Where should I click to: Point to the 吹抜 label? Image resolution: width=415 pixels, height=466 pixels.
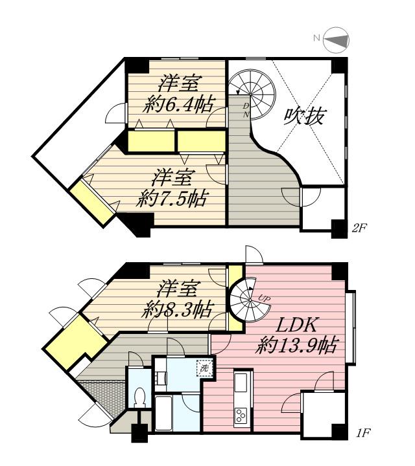coord(305,116)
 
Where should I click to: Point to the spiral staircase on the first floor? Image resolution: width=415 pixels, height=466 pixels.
coord(251,297)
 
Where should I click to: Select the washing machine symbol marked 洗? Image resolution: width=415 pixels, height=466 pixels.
coord(204,367)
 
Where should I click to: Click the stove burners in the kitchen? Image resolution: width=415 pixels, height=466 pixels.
coord(241,416)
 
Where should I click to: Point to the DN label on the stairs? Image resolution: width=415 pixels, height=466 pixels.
coord(246,109)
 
